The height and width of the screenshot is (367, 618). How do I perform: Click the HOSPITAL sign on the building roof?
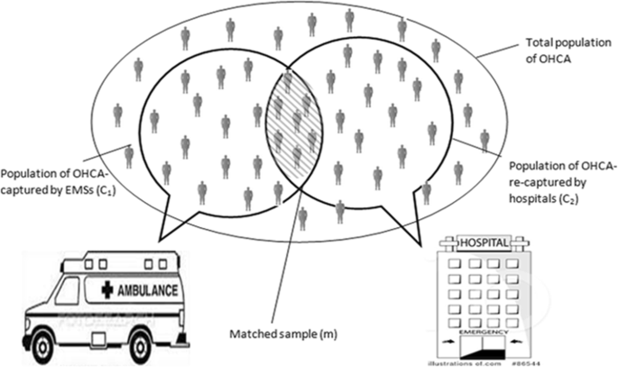pyautogui.click(x=484, y=243)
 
